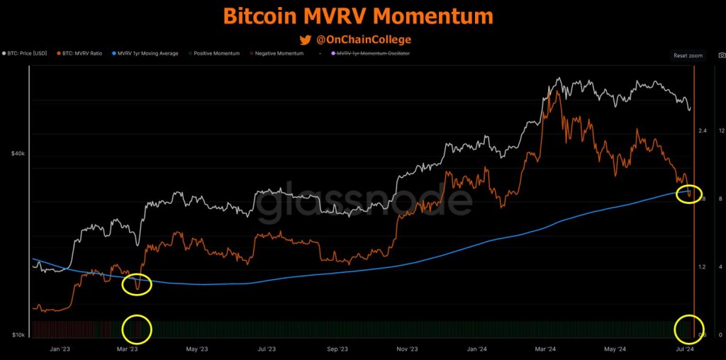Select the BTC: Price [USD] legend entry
(27, 54)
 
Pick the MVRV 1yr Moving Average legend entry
(146, 54)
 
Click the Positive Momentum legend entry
(216, 54)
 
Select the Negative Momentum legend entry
(279, 54)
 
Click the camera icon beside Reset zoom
(721, 55)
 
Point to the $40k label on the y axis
(18, 154)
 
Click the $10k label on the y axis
(18, 334)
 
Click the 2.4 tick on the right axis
(702, 131)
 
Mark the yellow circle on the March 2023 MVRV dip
(137, 284)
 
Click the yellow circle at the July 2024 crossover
(688, 193)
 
